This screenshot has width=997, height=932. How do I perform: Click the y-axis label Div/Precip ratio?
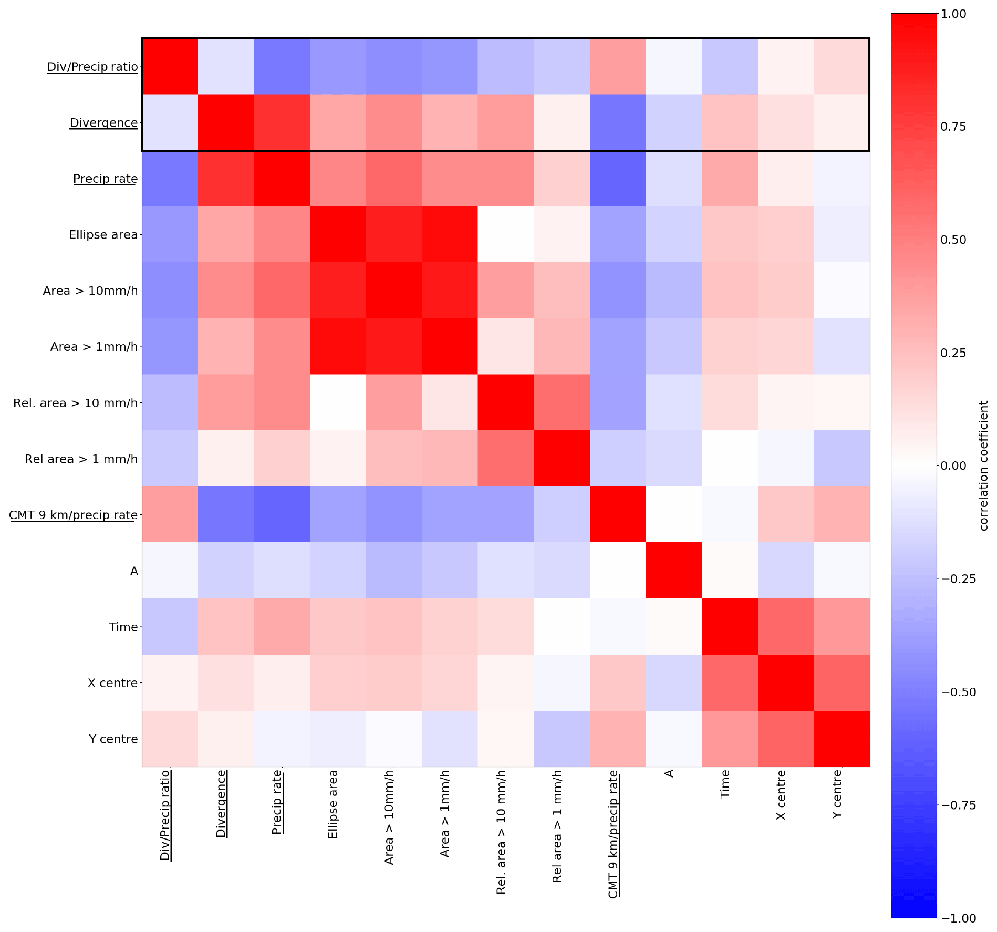92,67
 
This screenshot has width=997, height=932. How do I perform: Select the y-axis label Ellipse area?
103,235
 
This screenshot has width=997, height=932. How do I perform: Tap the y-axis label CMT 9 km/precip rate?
74,515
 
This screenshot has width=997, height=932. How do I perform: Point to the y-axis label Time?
123,627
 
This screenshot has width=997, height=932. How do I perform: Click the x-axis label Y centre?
837,794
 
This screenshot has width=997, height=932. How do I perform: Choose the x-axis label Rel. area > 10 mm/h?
501,832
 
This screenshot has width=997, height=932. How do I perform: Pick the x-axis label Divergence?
221,803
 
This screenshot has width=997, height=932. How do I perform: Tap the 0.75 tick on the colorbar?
938,127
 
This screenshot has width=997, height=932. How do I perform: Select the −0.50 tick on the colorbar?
938,692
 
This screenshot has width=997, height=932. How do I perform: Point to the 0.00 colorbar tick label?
953,465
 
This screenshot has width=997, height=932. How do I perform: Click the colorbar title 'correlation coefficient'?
983,465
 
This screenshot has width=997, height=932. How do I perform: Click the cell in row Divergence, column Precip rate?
282,122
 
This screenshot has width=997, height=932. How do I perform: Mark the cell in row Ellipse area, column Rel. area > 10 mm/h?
506,234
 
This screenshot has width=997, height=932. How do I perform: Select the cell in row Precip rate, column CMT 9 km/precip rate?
618,179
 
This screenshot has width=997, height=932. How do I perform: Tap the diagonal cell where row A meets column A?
674,571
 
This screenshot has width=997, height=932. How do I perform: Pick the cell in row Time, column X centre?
786,626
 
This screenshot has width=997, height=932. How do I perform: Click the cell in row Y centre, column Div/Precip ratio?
170,739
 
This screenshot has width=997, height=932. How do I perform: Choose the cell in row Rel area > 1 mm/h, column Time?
730,459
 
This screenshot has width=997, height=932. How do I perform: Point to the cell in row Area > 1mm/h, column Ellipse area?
338,346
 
